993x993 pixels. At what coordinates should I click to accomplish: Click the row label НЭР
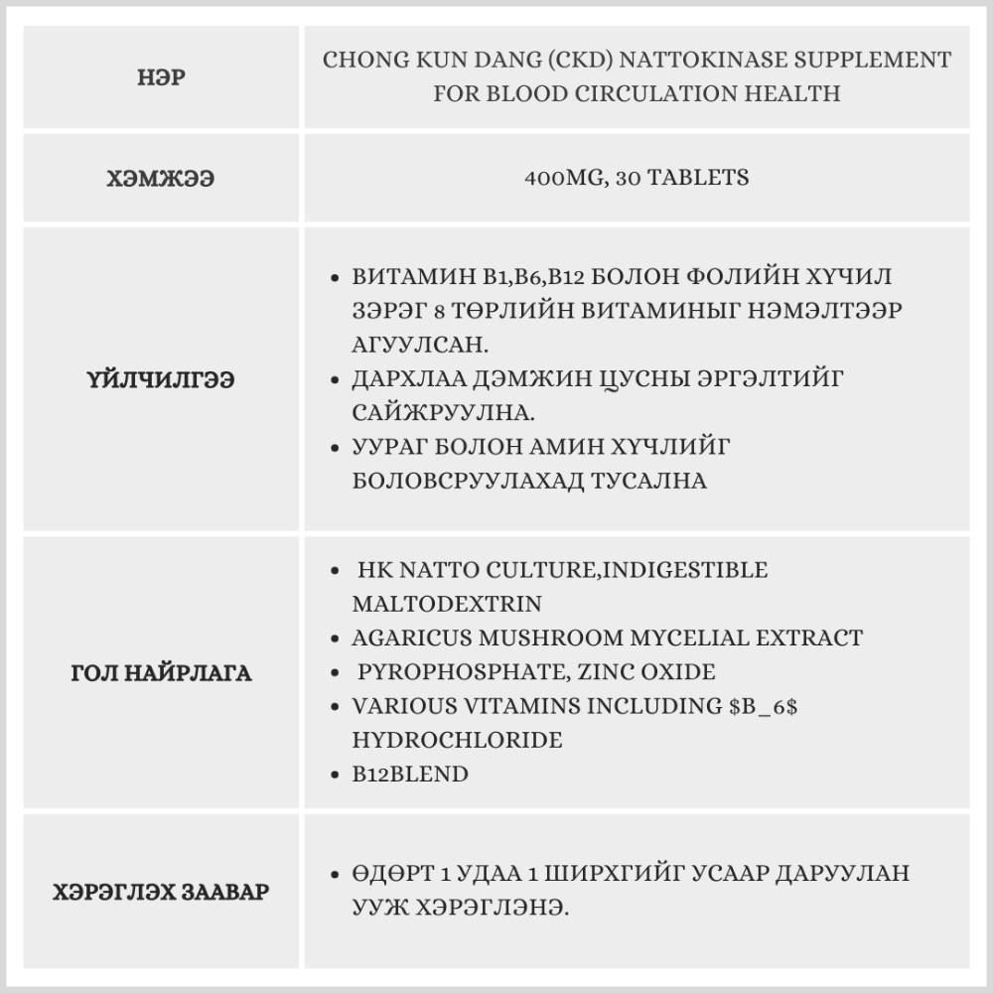point(160,78)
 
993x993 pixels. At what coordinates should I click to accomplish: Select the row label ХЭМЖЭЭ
point(160,180)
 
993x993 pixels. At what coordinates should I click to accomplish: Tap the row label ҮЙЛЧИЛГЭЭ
point(160,379)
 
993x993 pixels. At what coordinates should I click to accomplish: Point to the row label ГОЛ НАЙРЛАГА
point(160,673)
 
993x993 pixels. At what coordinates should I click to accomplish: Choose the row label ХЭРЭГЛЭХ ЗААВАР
point(160,892)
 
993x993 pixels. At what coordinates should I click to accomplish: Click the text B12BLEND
point(409,774)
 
